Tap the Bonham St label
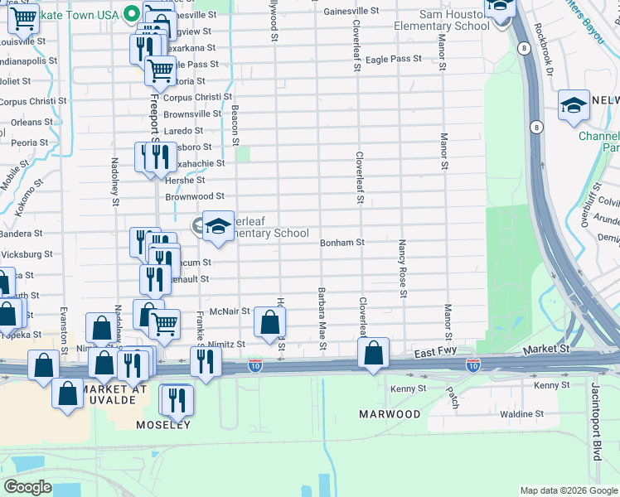click(342, 243)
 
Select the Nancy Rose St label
click(402, 268)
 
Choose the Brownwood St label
click(194, 196)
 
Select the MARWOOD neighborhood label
click(389, 413)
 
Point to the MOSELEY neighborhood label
click(163, 425)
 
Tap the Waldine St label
click(522, 413)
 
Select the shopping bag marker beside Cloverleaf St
click(374, 352)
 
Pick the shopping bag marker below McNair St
click(269, 322)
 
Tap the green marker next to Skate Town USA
click(131, 13)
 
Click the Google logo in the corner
click(27, 487)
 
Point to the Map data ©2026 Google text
click(569, 490)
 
